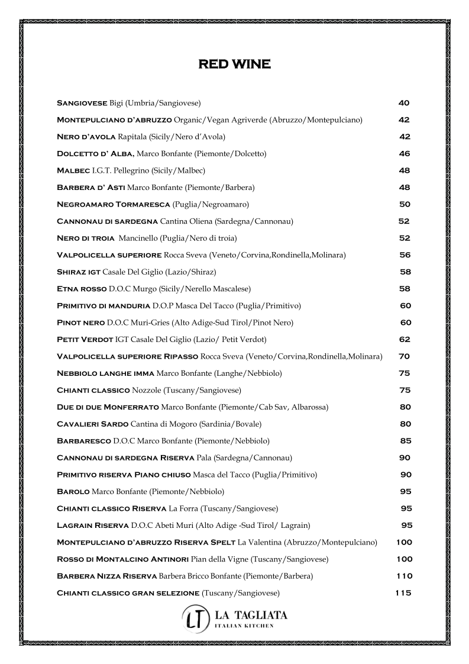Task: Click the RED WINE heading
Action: click(234, 64)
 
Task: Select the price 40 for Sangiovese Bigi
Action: click(404, 103)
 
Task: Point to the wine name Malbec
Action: click(73, 170)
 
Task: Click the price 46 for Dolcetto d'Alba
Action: click(405, 154)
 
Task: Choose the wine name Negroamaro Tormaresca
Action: click(113, 204)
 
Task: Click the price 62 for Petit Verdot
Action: click(405, 340)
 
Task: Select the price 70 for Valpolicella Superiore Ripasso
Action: click(405, 356)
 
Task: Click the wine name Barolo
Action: click(73, 491)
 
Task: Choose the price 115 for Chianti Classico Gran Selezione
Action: click(403, 593)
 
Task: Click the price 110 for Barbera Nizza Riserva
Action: click(405, 576)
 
